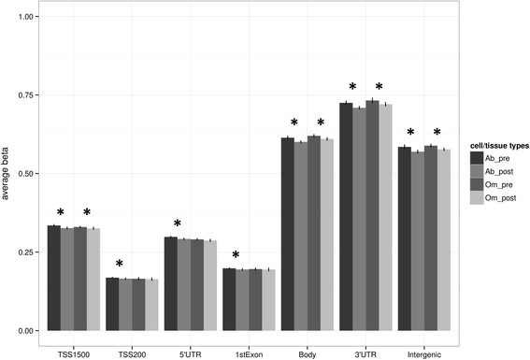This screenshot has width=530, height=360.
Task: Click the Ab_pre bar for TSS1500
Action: [53, 278]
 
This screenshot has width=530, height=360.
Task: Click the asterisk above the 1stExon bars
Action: [236, 255]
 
